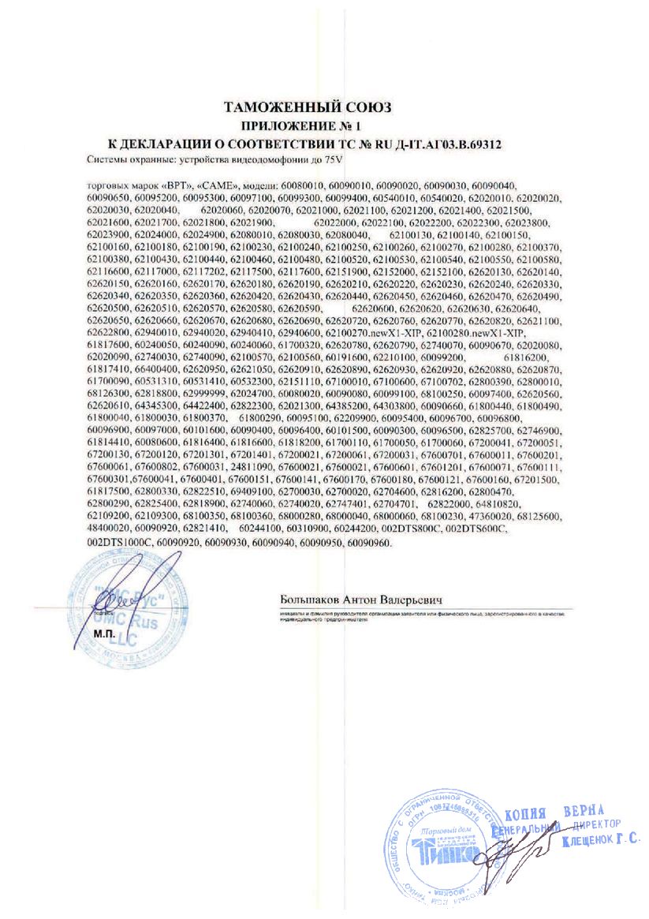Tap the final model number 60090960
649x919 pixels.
367,544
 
